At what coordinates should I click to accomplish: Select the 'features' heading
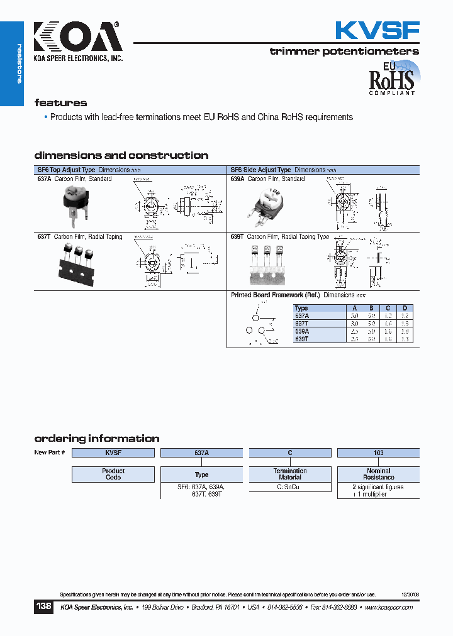click(x=60, y=103)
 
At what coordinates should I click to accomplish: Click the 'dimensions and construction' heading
click(x=121, y=155)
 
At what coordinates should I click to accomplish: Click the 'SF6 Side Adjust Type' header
click(x=260, y=170)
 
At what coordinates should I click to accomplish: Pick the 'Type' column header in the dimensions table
click(x=301, y=308)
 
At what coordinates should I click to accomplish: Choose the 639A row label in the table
click(x=302, y=331)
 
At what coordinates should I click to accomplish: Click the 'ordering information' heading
click(x=96, y=439)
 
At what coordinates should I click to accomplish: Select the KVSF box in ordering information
click(x=113, y=452)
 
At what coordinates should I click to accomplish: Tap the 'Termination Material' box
click(x=290, y=474)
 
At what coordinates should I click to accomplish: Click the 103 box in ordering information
click(x=378, y=452)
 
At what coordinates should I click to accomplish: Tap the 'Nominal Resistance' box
click(x=378, y=474)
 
